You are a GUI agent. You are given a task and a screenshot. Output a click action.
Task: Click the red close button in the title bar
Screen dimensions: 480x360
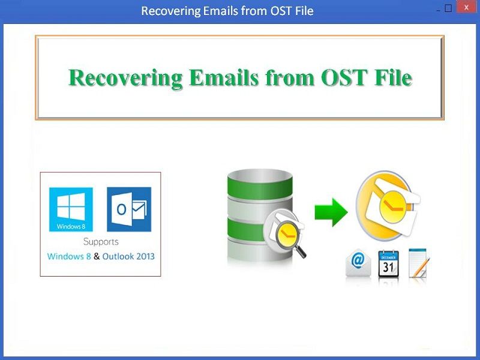(x=466, y=7)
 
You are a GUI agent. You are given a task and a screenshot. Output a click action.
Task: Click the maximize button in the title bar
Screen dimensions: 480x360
(x=448, y=8)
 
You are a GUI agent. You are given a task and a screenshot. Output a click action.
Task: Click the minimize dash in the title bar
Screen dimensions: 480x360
(x=439, y=11)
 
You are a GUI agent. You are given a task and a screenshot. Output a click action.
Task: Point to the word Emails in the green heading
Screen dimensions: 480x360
(x=224, y=78)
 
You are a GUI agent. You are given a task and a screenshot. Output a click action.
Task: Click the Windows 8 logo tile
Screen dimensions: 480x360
(x=71, y=209)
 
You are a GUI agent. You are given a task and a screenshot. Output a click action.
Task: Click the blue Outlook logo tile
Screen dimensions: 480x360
(x=129, y=209)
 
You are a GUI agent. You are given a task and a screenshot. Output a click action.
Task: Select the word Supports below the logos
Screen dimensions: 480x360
(x=101, y=242)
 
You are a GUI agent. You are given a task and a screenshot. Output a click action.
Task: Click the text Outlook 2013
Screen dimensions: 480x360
(x=128, y=256)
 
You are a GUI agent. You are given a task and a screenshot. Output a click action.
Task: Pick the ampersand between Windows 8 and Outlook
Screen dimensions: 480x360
(x=97, y=256)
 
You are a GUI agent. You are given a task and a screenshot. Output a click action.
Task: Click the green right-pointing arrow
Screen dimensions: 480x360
(x=331, y=212)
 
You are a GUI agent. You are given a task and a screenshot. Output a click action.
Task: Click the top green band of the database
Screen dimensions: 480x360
(x=260, y=187)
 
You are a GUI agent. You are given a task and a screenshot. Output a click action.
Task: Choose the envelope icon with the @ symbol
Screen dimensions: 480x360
(x=358, y=263)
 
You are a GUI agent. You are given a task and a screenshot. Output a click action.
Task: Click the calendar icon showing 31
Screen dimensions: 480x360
(x=388, y=264)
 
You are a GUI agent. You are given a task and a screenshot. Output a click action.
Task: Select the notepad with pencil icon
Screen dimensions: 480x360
(x=419, y=263)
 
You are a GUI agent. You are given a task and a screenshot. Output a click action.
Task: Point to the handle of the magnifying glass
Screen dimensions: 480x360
(x=300, y=252)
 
